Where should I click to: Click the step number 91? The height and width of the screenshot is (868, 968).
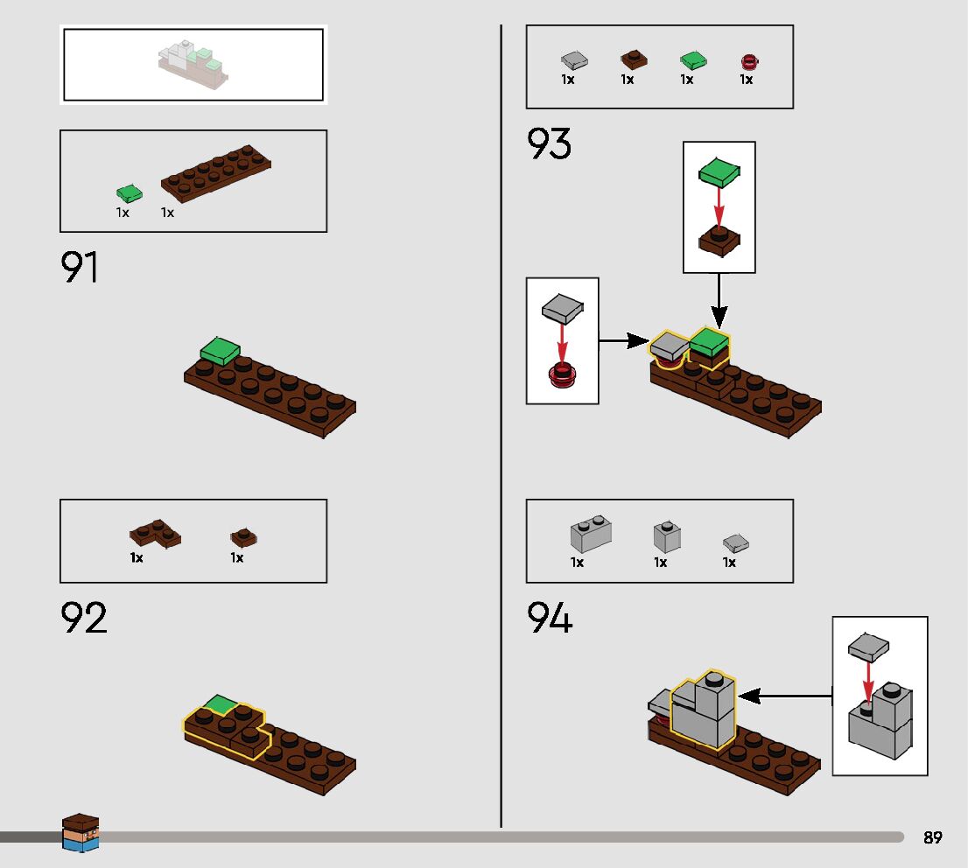(80, 269)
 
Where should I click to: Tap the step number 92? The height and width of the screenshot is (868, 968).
(84, 618)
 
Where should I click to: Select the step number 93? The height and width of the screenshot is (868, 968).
(549, 144)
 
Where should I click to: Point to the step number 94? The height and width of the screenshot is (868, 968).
(550, 619)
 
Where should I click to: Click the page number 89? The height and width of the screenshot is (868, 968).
(933, 837)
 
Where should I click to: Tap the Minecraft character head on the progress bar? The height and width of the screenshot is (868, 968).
(81, 832)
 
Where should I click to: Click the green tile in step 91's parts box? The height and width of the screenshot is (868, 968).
(129, 193)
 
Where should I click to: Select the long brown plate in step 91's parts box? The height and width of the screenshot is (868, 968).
(216, 170)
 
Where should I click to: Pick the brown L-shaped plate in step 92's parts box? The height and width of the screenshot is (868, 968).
(155, 533)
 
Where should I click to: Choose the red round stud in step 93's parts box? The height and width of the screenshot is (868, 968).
(749, 61)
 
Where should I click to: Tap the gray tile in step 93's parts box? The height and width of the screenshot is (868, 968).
(573, 60)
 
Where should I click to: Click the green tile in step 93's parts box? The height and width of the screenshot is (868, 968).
(693, 60)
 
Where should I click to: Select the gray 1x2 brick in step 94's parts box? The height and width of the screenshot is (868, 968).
(591, 533)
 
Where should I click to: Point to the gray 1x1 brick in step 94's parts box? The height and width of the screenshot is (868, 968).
(667, 536)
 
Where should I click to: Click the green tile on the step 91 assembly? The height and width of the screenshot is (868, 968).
(220, 351)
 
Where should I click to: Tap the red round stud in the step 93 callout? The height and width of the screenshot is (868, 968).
(562, 375)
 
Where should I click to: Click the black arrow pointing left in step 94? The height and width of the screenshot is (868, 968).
(783, 696)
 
